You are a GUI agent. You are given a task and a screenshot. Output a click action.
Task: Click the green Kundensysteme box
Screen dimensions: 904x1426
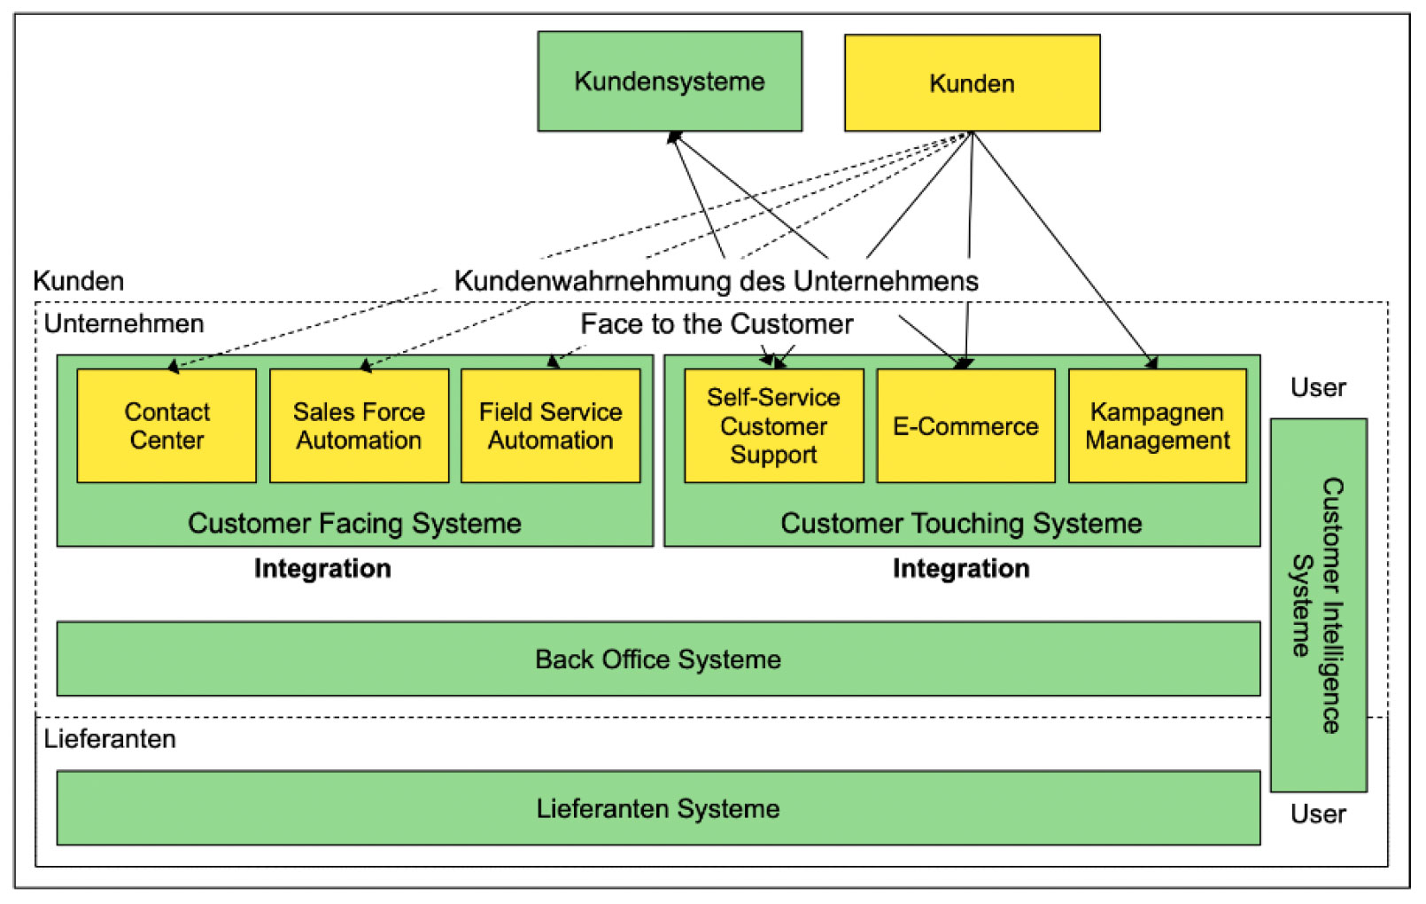coord(670,82)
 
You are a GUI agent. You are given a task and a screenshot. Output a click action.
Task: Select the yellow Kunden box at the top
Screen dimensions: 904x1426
coord(972,83)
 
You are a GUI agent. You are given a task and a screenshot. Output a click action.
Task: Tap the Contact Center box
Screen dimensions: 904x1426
coord(167,426)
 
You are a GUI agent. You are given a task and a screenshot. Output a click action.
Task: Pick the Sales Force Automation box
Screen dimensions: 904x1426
coord(359,426)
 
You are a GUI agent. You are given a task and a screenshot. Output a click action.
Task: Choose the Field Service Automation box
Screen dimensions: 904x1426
coord(550,426)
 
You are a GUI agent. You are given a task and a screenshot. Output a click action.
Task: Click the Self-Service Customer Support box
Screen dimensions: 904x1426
coord(773,426)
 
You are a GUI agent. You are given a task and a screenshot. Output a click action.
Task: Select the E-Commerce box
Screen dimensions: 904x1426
coord(965,426)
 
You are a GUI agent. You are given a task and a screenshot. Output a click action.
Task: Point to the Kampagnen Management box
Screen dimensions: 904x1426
coord(1158,426)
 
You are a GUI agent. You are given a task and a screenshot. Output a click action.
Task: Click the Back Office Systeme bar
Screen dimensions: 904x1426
coord(658,659)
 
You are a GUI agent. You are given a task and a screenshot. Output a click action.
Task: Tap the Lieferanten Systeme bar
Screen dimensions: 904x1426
coord(658,808)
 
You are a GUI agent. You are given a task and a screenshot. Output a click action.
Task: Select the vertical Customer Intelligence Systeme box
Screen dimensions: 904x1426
coord(1318,605)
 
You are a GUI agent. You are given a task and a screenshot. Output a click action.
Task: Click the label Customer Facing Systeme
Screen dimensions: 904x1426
coord(354,524)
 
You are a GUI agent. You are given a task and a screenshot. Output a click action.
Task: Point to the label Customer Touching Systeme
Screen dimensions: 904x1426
coord(961,524)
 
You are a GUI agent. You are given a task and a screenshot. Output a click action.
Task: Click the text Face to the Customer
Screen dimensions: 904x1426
coord(717,324)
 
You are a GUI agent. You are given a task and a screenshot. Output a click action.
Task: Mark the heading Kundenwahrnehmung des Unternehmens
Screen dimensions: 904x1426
coord(716,282)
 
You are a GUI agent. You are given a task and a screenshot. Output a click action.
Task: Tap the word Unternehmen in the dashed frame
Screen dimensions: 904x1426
coord(124,324)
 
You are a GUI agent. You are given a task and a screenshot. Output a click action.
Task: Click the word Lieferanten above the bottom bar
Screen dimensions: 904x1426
coord(110,739)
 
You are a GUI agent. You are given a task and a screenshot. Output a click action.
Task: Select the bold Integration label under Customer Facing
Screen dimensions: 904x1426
coord(322,569)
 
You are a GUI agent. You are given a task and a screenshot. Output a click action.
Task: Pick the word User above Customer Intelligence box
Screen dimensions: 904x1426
coord(1318,388)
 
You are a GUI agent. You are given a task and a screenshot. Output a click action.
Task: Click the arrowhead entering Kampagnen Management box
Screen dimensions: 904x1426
coord(1152,362)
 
